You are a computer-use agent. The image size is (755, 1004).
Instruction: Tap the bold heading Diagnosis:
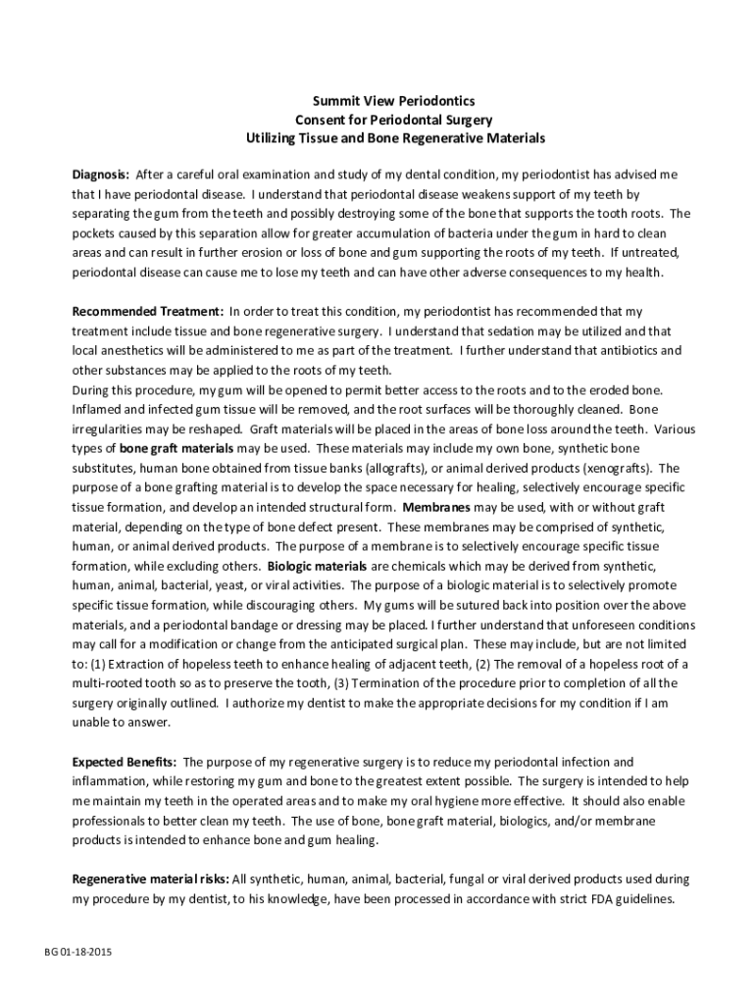click(100, 175)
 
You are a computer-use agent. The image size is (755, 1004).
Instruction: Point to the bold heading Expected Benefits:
click(125, 761)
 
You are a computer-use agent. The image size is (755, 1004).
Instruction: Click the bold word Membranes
click(434, 507)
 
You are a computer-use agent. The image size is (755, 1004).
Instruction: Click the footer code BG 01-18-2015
click(77, 953)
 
